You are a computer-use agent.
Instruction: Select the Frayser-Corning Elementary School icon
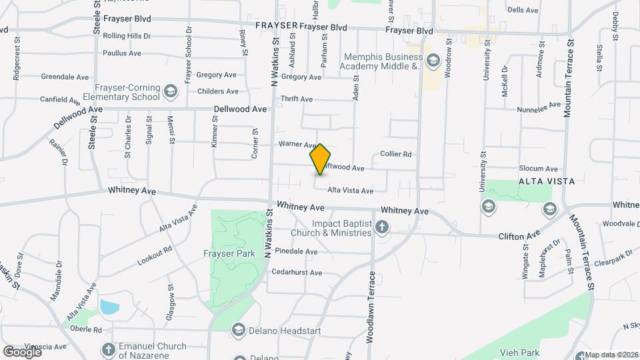tap(171, 91)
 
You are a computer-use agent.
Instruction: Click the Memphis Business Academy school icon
tap(433, 61)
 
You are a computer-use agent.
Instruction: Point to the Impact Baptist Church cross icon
tap(382, 228)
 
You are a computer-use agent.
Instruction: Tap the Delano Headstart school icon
tap(239, 329)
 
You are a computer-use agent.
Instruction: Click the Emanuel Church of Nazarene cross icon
tap(109, 349)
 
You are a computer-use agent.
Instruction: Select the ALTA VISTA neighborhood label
tap(547, 181)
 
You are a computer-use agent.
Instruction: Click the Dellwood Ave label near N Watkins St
tap(240, 109)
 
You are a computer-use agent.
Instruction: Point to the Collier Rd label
tap(396, 154)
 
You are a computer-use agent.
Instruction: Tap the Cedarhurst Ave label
tap(297, 273)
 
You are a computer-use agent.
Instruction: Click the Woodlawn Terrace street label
tap(372, 307)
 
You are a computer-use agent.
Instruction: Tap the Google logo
tap(22, 351)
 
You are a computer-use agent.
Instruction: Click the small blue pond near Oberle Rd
tap(109, 308)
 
